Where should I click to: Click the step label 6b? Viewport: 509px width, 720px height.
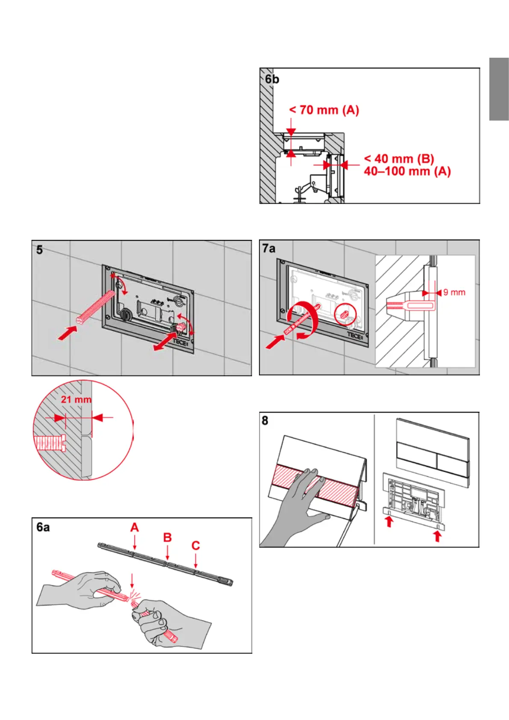click(272, 79)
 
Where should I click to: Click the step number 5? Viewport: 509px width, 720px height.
click(39, 250)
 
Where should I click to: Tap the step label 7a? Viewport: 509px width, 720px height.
click(269, 248)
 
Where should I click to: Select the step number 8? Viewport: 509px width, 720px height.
click(265, 421)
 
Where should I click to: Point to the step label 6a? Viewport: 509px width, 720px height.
click(43, 527)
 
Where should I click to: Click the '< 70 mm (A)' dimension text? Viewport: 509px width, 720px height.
click(324, 110)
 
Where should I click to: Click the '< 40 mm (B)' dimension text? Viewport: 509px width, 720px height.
click(399, 159)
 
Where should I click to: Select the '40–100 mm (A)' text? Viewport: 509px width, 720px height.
click(407, 171)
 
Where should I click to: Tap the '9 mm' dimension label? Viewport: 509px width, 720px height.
click(454, 292)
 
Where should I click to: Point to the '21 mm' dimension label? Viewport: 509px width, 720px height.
click(76, 399)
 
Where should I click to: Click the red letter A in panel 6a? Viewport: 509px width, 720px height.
click(135, 528)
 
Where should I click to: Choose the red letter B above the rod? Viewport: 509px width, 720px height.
click(168, 537)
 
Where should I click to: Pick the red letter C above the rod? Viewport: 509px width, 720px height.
click(196, 546)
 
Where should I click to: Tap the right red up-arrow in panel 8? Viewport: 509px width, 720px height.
click(437, 536)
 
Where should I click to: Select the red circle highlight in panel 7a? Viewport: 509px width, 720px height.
click(344, 315)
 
